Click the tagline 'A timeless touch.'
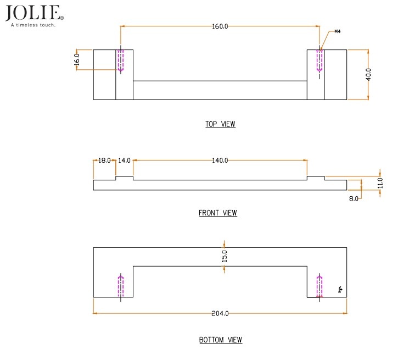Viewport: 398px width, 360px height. click(x=33, y=25)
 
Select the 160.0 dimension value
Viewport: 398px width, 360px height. click(x=220, y=26)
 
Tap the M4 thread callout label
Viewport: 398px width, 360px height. click(x=338, y=32)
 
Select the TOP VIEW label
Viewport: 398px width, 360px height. click(x=220, y=124)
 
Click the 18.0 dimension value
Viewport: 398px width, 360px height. click(x=104, y=160)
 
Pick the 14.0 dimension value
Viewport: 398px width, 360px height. click(x=124, y=160)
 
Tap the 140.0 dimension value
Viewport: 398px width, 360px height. click(x=220, y=160)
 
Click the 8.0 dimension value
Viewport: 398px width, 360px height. click(x=354, y=198)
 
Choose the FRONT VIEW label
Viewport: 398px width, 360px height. click(x=218, y=213)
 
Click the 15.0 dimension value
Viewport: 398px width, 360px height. click(x=224, y=256)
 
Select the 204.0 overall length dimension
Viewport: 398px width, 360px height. click(x=220, y=313)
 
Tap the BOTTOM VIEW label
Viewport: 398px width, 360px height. click(x=220, y=340)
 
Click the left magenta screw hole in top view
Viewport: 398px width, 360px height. click(x=121, y=61)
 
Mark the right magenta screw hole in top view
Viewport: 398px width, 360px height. click(x=319, y=60)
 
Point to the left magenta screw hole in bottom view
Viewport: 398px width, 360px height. click(x=121, y=286)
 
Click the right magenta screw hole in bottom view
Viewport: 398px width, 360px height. click(x=319, y=285)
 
